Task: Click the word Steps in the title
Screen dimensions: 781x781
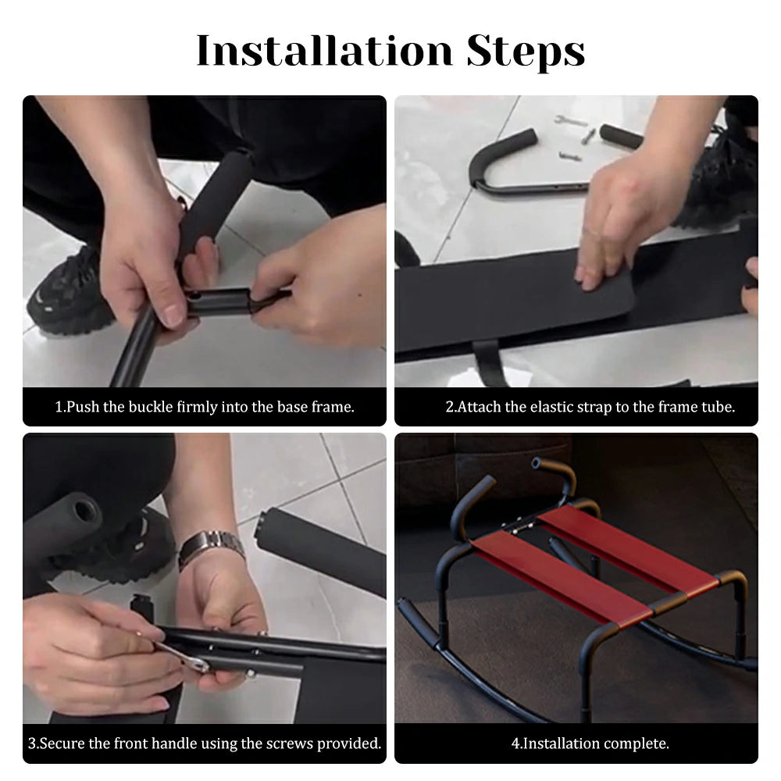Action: point(526,52)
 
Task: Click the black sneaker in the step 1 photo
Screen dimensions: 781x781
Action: point(70,294)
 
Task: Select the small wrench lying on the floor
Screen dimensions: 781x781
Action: point(570,120)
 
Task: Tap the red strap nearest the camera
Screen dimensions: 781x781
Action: point(560,578)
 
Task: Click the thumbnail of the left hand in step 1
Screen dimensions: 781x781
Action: point(174,314)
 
